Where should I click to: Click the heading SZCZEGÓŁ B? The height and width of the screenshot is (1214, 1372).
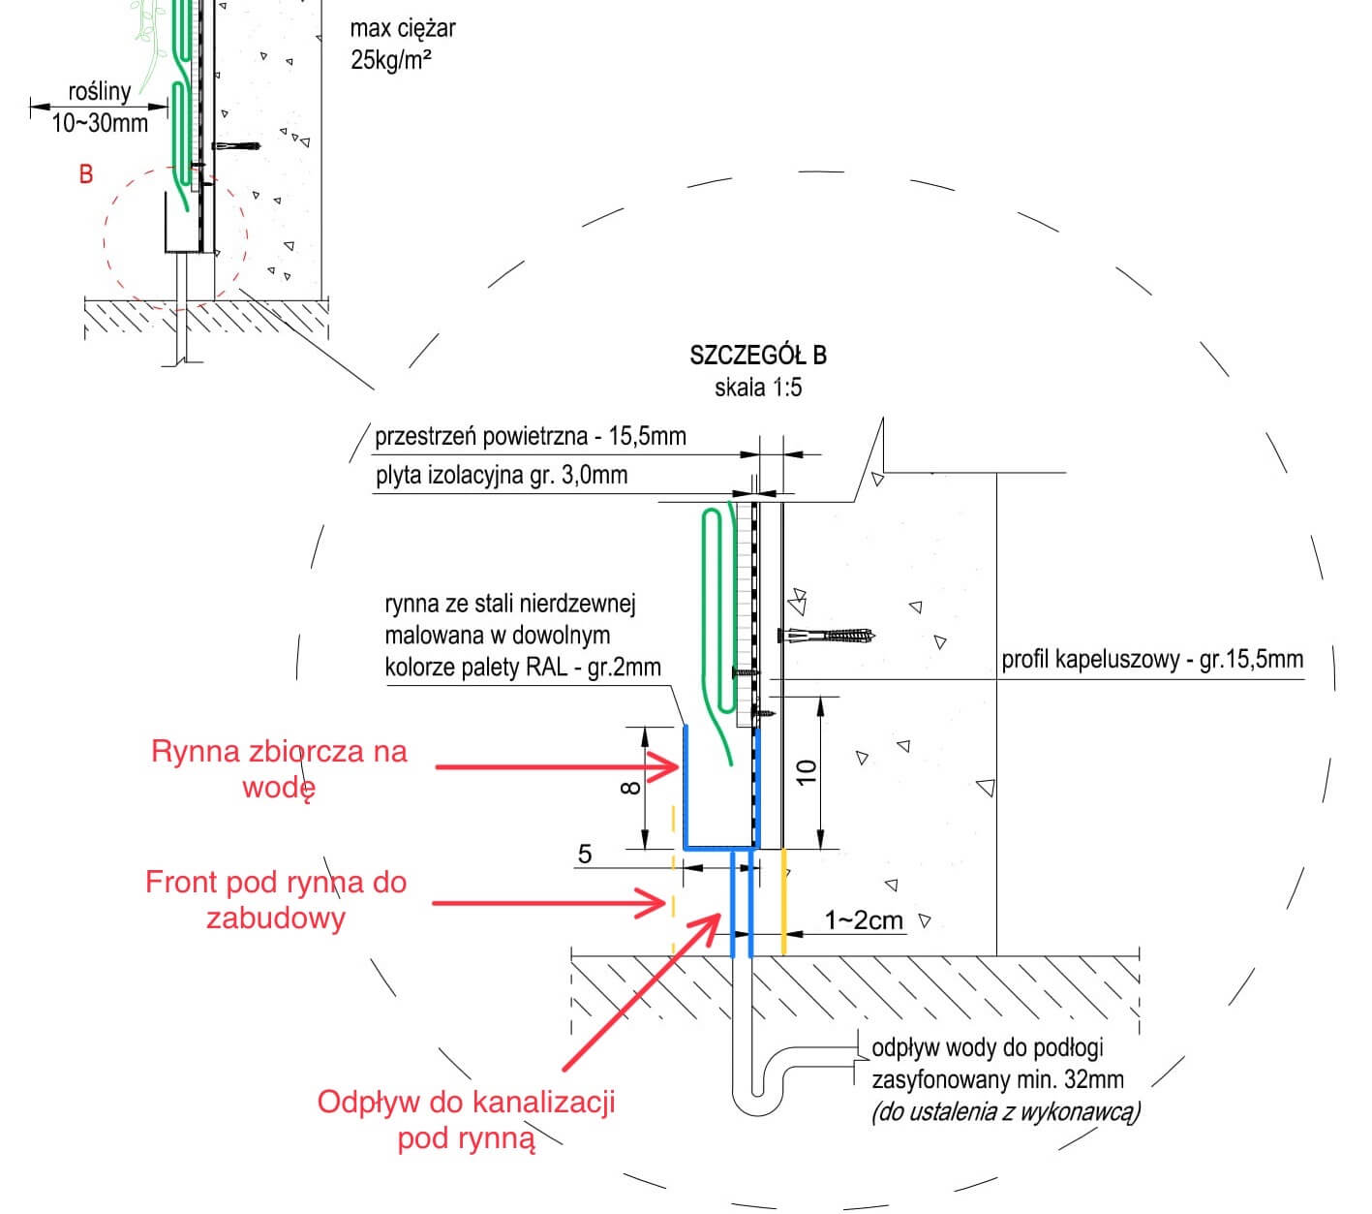[x=758, y=355]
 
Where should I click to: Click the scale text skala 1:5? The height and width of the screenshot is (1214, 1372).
[x=758, y=388]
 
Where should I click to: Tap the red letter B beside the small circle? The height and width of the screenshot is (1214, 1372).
[x=86, y=174]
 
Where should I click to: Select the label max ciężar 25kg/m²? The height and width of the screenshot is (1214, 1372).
[x=402, y=44]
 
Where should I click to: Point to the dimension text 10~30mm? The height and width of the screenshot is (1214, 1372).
[x=99, y=123]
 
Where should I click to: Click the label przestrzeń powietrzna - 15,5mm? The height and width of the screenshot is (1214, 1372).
[x=530, y=436]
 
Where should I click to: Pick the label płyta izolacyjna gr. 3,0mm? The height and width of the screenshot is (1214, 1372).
[x=501, y=476]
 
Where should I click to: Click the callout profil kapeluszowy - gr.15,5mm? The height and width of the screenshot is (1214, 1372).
[x=1151, y=660]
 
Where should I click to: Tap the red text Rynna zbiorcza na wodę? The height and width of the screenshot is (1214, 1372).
[x=279, y=768]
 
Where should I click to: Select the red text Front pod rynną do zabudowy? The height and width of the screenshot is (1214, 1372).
[x=275, y=899]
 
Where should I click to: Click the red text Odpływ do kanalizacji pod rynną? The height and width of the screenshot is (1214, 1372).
[x=466, y=1119]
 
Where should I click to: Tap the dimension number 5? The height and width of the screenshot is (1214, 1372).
[x=585, y=854]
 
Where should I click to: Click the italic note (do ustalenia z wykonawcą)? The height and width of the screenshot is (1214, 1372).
[x=1005, y=1111]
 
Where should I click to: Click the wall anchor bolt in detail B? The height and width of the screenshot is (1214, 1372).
[x=828, y=637]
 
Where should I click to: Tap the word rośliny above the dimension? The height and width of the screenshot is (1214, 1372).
[x=99, y=92]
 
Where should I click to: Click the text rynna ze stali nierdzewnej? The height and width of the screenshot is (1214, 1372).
[x=509, y=605]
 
